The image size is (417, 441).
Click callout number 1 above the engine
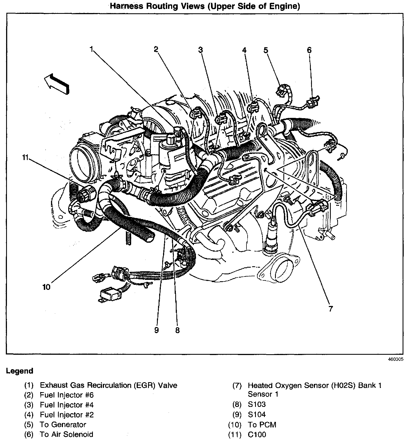91,49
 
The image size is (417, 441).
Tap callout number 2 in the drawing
156,49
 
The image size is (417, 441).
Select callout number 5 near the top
266,50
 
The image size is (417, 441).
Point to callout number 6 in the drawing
309,50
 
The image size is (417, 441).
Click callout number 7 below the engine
330,309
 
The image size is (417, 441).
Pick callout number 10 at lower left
46,287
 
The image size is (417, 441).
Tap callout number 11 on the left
26,158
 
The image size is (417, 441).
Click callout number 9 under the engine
156,330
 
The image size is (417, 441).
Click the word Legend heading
19,371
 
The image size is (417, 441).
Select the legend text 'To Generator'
63,425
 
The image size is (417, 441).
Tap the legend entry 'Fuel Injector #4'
67,405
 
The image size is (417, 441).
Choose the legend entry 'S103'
257,405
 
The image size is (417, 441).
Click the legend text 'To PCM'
262,425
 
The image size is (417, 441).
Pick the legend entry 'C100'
257,434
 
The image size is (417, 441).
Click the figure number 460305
396,359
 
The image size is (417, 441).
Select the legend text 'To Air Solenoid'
67,434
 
